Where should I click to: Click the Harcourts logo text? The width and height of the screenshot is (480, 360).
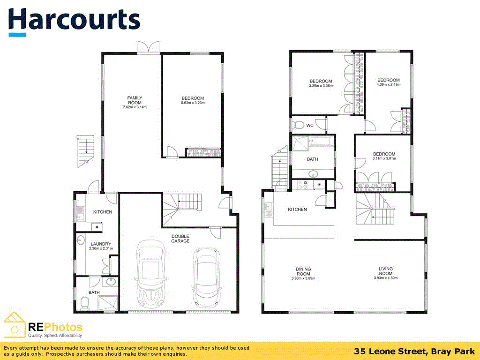click(x=74, y=20)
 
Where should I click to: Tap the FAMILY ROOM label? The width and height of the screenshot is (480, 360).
click(x=135, y=100)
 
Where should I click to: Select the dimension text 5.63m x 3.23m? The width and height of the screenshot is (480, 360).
click(x=193, y=103)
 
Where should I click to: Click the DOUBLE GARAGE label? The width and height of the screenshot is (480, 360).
click(x=180, y=238)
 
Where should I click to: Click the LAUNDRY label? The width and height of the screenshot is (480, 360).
click(x=101, y=244)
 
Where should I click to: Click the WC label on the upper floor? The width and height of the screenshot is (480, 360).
click(x=310, y=126)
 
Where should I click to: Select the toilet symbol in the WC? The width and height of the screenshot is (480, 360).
click(x=298, y=125)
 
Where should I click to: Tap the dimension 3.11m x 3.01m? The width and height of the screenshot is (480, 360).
click(x=384, y=158)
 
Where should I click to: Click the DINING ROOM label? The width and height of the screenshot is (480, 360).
click(x=303, y=271)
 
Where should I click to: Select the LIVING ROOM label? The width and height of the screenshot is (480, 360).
click(x=386, y=271)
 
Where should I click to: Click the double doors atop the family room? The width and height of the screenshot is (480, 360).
click(x=150, y=47)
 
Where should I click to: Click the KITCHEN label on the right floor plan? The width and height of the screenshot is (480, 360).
click(x=297, y=210)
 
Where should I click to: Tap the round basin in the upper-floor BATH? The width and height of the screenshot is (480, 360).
click(x=313, y=175)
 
